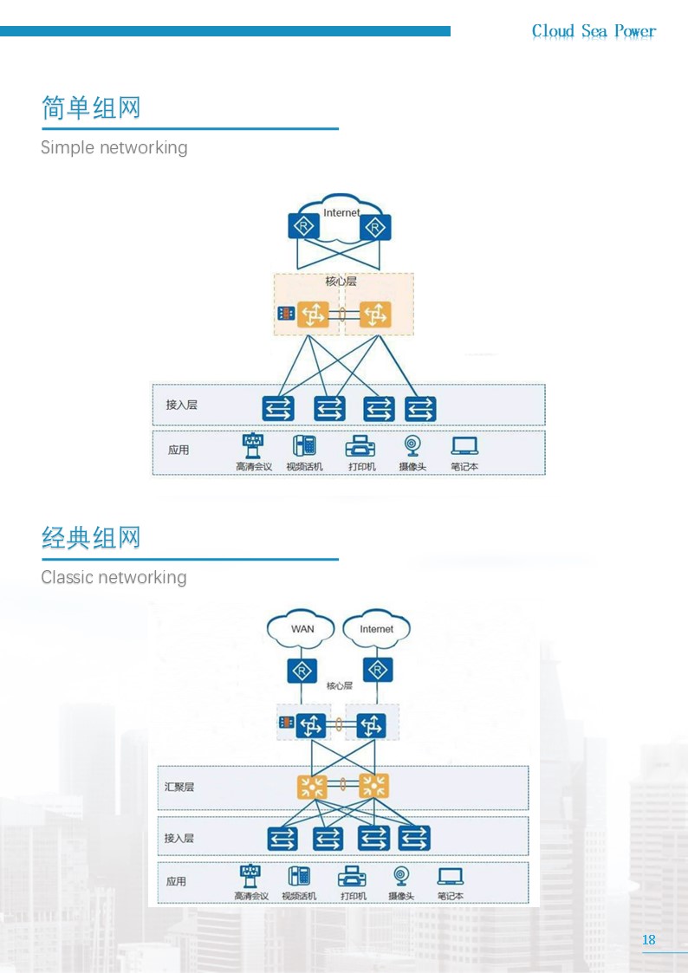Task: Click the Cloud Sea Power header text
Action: [x=594, y=31]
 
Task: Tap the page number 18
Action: [x=649, y=940]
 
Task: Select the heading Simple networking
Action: [x=114, y=147]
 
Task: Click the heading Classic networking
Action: [x=114, y=577]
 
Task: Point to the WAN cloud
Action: [x=302, y=629]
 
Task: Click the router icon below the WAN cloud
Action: [x=302, y=671]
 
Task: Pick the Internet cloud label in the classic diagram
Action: [x=376, y=629]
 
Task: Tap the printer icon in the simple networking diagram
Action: [x=360, y=446]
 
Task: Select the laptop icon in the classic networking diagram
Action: [x=450, y=876]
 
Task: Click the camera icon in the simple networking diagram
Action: [x=412, y=446]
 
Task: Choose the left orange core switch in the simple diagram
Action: [x=313, y=315]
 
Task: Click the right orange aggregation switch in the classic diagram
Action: [x=373, y=786]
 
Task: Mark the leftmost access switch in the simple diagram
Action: [x=278, y=409]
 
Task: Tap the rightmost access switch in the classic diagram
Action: [x=414, y=838]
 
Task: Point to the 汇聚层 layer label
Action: [x=179, y=787]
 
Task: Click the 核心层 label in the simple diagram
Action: [x=341, y=282]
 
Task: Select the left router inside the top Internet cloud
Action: [x=304, y=227]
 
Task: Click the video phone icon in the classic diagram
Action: [x=299, y=876]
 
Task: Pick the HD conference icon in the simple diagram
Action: [x=253, y=446]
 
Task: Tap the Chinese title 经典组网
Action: [x=91, y=538]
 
